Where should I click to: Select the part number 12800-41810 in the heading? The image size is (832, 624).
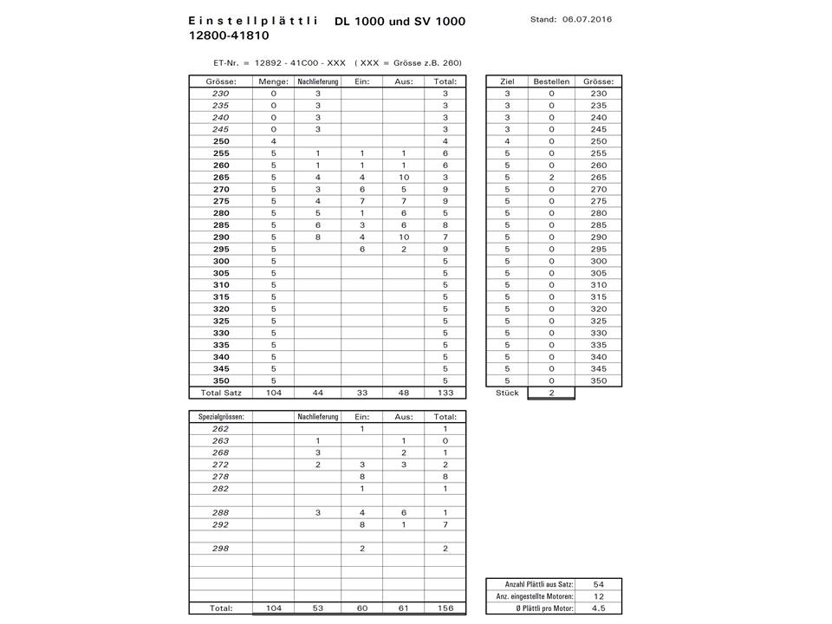tap(228, 36)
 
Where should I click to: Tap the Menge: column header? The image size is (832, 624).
tap(273, 81)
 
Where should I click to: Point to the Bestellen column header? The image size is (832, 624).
tap(551, 81)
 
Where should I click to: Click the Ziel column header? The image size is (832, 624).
tap(507, 81)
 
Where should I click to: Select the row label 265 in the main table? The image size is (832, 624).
tap(221, 178)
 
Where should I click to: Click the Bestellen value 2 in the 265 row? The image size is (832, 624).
tap(551, 178)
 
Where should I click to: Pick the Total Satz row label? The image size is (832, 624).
tap(221, 393)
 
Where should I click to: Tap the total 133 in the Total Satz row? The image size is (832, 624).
tap(445, 393)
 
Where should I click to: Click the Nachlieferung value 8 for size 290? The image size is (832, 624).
tap(318, 237)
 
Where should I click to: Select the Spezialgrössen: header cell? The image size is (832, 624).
tap(221, 417)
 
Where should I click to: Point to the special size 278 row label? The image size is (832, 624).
tap(221, 477)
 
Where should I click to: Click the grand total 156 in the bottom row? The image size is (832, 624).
tap(445, 608)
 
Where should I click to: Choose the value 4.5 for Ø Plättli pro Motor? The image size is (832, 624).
tap(598, 608)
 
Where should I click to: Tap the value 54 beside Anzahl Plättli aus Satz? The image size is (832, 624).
tap(598, 584)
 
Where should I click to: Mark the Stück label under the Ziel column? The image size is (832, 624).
tap(507, 393)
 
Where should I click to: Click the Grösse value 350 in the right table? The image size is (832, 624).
tap(598, 380)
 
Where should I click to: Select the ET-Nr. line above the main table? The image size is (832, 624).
tap(337, 62)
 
